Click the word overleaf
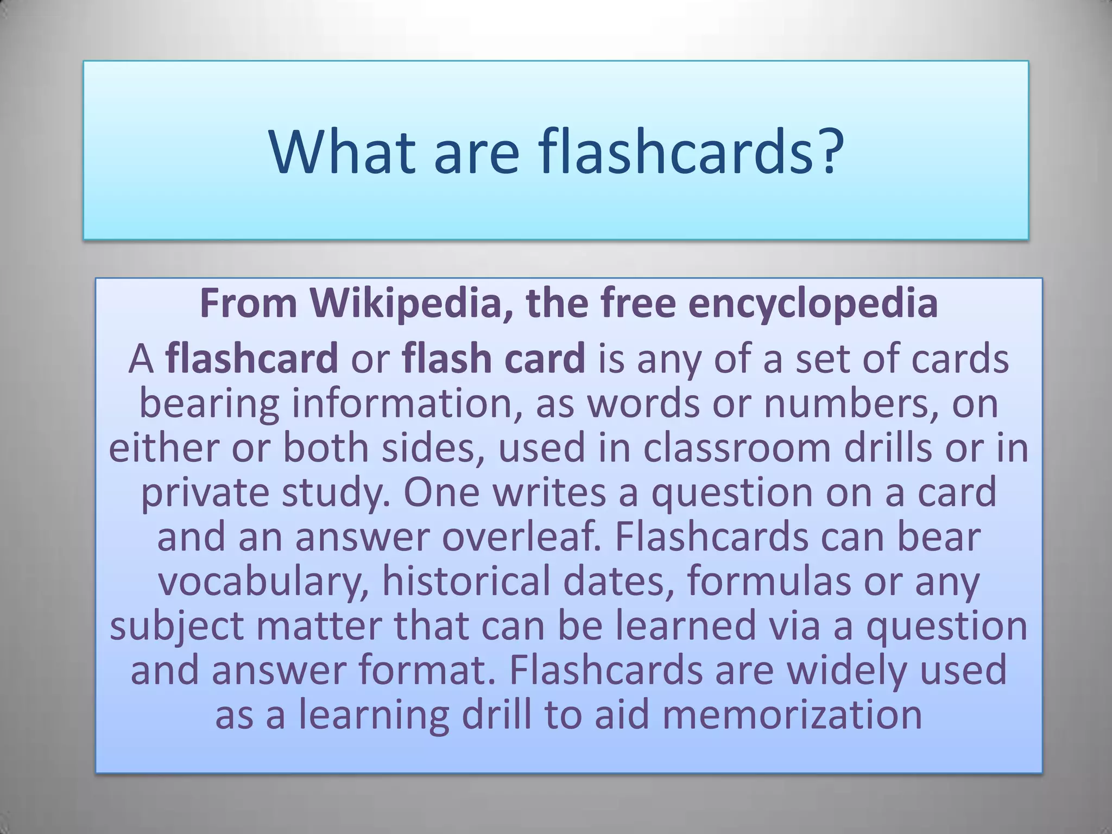[522, 537]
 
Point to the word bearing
[209, 405]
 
